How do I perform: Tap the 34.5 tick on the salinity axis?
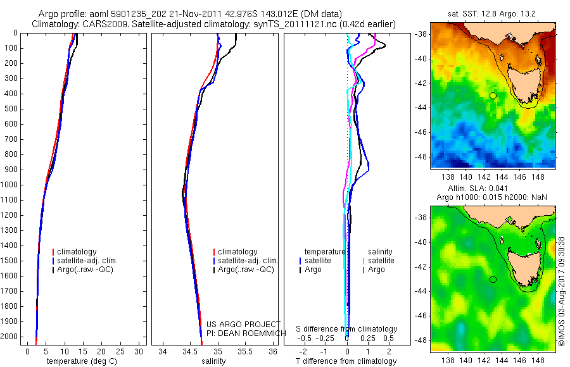190,351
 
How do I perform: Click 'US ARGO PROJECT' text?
243,325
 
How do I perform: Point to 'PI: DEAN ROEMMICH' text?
243,333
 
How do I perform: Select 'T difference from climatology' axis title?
346,361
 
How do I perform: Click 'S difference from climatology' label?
347,329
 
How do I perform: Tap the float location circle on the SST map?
493,96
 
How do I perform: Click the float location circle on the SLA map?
493,279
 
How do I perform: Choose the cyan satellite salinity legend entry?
380,260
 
